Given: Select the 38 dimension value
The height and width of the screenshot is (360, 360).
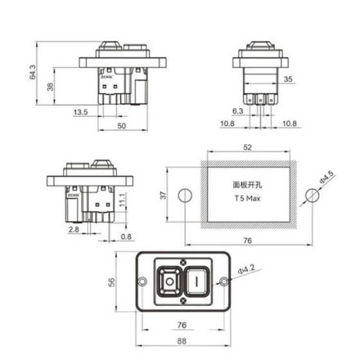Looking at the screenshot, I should (51, 86).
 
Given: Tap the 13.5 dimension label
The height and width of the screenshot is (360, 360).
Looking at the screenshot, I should (80, 113).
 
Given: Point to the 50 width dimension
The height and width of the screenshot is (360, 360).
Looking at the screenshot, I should (122, 126).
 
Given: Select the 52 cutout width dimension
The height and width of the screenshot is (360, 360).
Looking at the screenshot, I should (248, 147).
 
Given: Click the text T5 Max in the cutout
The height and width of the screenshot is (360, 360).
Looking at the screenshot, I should (248, 199).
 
